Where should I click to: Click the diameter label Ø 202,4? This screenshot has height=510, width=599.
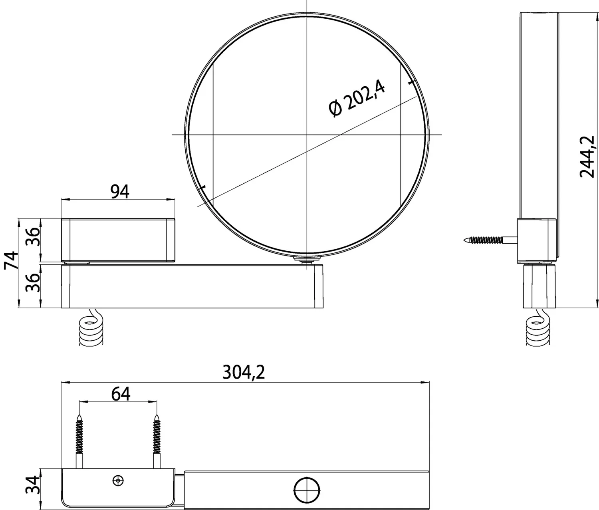coord(357,98)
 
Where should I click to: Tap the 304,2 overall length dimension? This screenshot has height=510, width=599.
coord(244,372)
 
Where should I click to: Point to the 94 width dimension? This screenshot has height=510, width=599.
coord(120,192)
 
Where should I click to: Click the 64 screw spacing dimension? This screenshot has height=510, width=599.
coord(121,394)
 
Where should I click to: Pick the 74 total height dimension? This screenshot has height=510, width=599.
coord(11,260)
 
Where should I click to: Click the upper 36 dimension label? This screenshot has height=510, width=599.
coord(32,237)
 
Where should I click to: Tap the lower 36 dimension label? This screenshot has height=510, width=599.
coord(32,283)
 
